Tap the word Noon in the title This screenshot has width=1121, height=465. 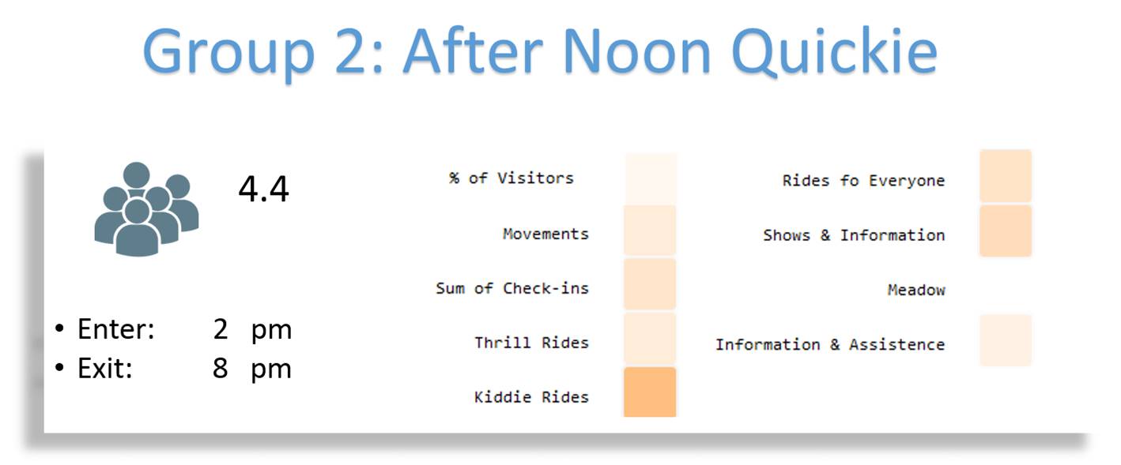pyautogui.click(x=636, y=51)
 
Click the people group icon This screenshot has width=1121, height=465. pyautogui.click(x=146, y=209)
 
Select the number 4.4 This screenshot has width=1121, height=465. pyautogui.click(x=264, y=189)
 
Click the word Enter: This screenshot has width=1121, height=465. pyautogui.click(x=116, y=329)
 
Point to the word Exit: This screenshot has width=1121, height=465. pyautogui.click(x=104, y=369)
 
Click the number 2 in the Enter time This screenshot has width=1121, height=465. pyautogui.click(x=221, y=329)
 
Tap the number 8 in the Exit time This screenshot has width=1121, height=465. pyautogui.click(x=221, y=369)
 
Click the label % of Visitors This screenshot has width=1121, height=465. pyautogui.click(x=511, y=178)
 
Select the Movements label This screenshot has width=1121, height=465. pyautogui.click(x=546, y=234)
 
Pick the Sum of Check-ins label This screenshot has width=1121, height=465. pyautogui.click(x=512, y=288)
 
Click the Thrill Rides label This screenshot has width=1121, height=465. pyautogui.click(x=531, y=343)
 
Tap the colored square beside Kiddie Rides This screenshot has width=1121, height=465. pyautogui.click(x=650, y=392)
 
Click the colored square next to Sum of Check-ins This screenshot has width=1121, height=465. pyautogui.click(x=650, y=283)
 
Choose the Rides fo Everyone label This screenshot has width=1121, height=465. pyautogui.click(x=864, y=181)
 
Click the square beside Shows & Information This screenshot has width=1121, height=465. pyautogui.click(x=1006, y=231)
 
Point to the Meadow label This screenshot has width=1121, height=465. pyautogui.click(x=916, y=290)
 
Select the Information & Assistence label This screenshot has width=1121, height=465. pyautogui.click(x=830, y=344)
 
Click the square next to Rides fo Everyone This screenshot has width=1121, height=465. pyautogui.click(x=1006, y=175)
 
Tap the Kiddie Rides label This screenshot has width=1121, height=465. pyautogui.click(x=531, y=397)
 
